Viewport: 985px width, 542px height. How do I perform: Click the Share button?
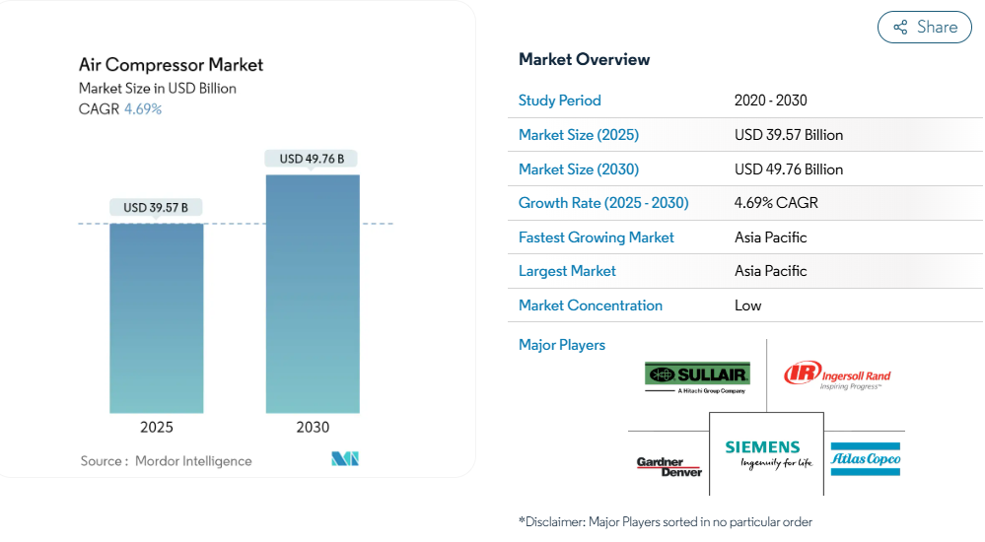[924, 27]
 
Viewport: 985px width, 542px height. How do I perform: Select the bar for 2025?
[157, 318]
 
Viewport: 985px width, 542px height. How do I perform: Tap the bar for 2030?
[313, 294]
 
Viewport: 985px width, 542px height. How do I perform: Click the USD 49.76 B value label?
[312, 159]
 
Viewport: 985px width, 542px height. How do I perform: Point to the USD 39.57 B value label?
[156, 208]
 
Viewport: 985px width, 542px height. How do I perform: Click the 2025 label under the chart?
[157, 428]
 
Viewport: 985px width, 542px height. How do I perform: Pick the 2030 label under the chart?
[313, 428]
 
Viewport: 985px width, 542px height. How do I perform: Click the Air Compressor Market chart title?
[171, 65]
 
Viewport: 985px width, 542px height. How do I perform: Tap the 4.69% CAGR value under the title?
[143, 109]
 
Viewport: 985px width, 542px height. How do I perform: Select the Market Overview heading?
[585, 60]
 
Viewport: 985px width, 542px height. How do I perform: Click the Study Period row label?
[560, 101]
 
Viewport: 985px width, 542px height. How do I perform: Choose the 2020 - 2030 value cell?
[771, 101]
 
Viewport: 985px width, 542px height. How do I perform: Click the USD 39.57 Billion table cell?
[789, 135]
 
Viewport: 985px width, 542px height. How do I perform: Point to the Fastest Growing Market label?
[597, 237]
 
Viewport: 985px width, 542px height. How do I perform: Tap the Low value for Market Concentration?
[747, 305]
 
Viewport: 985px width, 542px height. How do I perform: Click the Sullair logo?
[697, 377]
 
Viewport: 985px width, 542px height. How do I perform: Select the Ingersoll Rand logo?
[837, 375]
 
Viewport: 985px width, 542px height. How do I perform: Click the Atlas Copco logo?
[866, 459]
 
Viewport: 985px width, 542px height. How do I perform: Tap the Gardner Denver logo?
[669, 467]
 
